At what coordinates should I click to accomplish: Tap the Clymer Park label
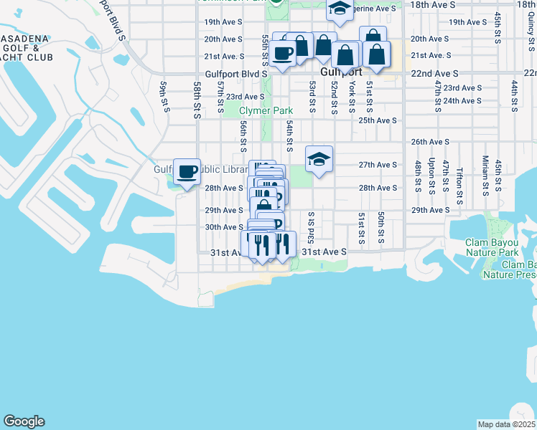click(266, 111)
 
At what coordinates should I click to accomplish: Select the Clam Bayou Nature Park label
click(492, 247)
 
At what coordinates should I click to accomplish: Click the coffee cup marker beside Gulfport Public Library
click(187, 172)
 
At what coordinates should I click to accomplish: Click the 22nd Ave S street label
click(435, 73)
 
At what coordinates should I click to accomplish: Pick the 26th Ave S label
click(431, 142)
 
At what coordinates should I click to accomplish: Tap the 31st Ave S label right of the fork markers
click(324, 252)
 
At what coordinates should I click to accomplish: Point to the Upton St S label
click(431, 176)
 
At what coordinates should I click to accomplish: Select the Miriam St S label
click(485, 176)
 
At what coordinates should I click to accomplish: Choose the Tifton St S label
click(459, 179)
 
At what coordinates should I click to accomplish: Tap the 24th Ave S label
click(462, 100)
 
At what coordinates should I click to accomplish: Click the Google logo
click(24, 421)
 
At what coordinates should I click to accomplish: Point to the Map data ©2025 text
click(507, 424)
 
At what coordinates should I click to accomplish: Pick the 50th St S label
click(381, 227)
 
